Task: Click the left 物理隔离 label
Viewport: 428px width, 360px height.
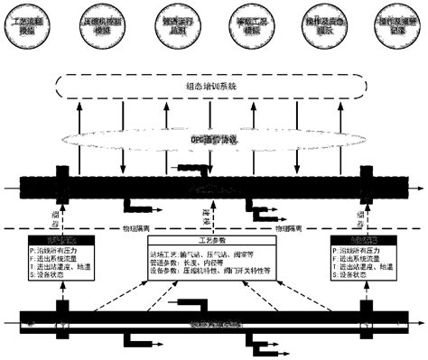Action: click(x=139, y=229)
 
